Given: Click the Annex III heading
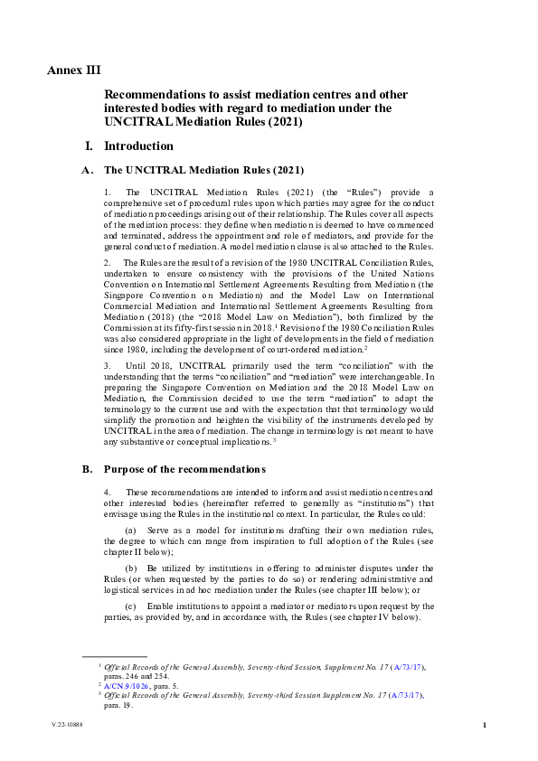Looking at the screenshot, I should (73, 70).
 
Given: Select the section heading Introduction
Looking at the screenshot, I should (138, 146).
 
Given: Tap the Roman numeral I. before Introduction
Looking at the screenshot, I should (88, 146).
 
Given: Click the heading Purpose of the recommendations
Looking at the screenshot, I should (184, 469).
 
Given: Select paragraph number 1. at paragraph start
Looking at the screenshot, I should (108, 192).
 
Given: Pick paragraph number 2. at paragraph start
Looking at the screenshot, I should (108, 263).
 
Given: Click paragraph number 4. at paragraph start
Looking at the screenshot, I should (108, 491).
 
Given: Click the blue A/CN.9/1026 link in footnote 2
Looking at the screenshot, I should (127, 686).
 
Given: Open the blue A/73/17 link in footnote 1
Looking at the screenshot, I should (404, 666).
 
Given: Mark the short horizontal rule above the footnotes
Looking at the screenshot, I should (114, 656).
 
